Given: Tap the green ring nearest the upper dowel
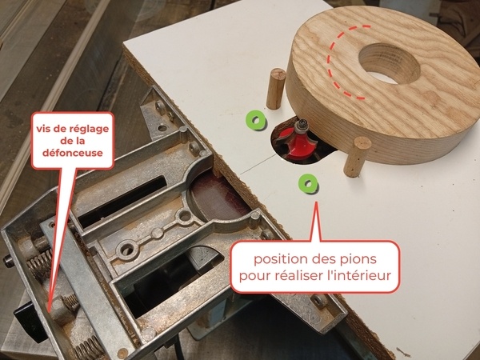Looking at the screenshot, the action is [256, 120].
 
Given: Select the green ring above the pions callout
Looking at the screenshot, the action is [308, 183].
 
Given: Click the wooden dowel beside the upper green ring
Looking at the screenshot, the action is [276, 89].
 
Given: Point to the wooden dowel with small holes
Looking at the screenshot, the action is [357, 157].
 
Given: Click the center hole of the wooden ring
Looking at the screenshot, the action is [390, 63].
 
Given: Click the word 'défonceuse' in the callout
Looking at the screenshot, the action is [73, 153].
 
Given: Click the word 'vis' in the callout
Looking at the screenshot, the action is [43, 129].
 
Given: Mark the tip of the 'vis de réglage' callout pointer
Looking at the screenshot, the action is [50, 311].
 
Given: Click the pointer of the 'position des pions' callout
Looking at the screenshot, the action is [316, 222].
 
